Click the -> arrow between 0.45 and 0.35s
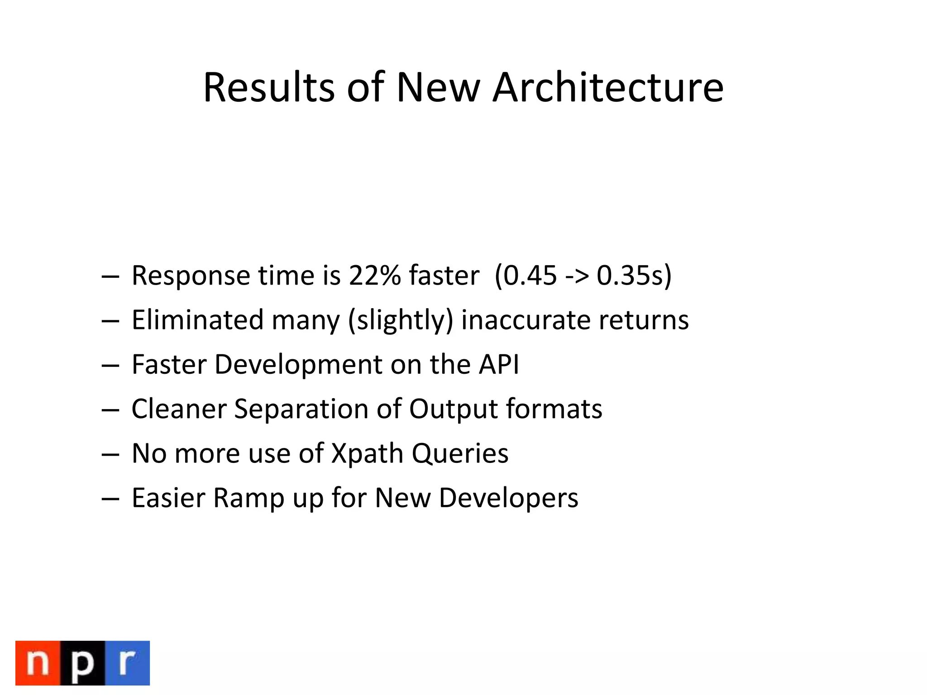click(x=577, y=276)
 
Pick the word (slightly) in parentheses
click(x=401, y=320)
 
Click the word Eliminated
click(x=197, y=320)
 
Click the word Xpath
click(x=367, y=453)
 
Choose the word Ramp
click(x=248, y=498)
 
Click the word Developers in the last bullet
click(x=508, y=498)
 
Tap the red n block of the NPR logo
click(x=38, y=663)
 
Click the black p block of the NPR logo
click(x=82, y=663)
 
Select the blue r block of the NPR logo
click(x=127, y=663)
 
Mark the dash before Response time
click(x=110, y=276)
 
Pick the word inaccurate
click(x=526, y=320)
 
